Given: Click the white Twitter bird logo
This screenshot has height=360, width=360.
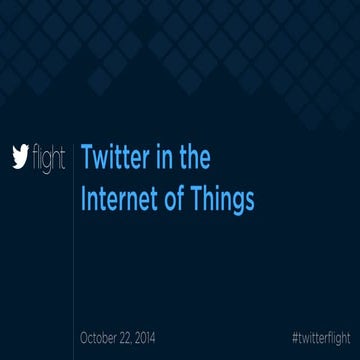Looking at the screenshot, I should [20, 157].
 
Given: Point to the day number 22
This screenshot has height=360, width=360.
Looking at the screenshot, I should [138, 337].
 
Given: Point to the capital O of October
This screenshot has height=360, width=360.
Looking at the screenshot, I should [84, 337].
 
